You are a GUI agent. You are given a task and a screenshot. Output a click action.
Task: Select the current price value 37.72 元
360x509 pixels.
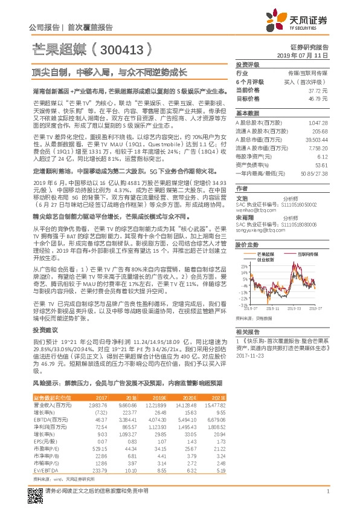pos(318,89)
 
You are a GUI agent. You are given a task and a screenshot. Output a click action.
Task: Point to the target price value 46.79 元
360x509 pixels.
pos(318,97)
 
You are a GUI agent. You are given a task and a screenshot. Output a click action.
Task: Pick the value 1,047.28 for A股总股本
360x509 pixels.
pos(318,122)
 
